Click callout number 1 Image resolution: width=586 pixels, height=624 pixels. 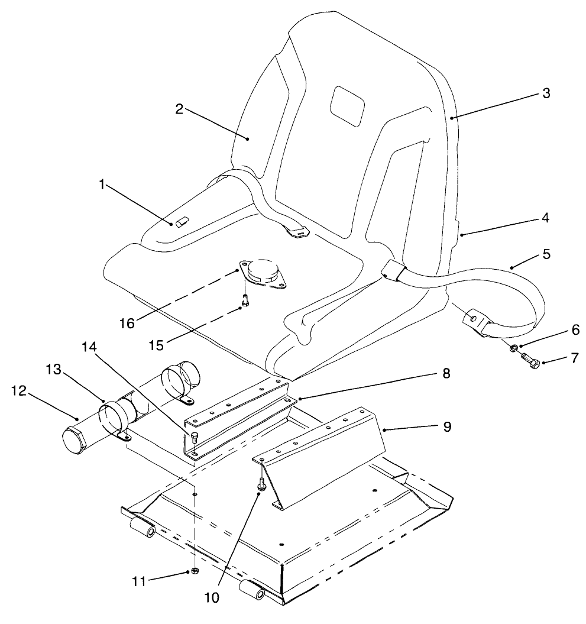point(102,185)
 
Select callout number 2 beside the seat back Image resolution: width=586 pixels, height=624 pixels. point(179,109)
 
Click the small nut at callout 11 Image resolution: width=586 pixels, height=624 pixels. point(193,571)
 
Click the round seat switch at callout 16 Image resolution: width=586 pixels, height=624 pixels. point(261,273)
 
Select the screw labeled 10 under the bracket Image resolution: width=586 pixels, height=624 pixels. point(260,484)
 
